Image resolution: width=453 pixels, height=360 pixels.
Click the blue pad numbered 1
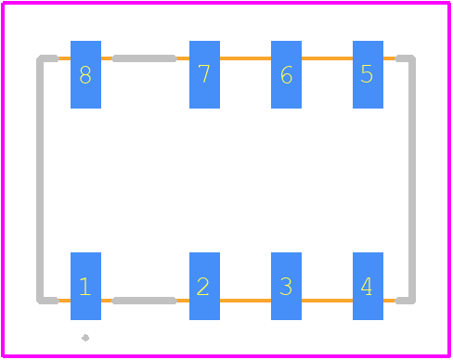(85, 286)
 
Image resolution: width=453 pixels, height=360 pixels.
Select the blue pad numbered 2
(204, 286)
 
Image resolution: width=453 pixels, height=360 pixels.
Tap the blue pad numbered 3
(286, 286)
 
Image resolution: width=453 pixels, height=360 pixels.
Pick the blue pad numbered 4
(368, 286)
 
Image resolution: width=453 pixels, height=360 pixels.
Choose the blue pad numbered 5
(368, 74)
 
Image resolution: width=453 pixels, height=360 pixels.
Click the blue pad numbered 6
(286, 74)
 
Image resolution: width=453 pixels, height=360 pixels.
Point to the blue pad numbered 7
(204, 74)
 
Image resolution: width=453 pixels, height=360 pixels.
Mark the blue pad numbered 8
(85, 74)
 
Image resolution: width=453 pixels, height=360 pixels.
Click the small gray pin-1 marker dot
(85, 338)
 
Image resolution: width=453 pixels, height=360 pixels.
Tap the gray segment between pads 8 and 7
(144, 58)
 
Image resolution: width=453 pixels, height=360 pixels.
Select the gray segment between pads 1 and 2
(144, 301)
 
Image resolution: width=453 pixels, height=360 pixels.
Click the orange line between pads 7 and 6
(245, 58)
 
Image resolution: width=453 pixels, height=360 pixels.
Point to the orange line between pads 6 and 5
(327, 58)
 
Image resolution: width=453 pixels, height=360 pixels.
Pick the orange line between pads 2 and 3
(245, 301)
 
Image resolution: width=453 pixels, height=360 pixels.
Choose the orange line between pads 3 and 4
(327, 301)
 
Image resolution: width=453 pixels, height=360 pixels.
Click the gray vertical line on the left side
(40, 179)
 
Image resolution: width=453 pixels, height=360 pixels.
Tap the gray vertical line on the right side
(412, 179)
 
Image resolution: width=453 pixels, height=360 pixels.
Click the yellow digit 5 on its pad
(367, 74)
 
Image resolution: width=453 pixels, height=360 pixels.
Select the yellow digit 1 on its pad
(84, 287)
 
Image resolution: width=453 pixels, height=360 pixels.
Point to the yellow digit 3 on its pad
(286, 287)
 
